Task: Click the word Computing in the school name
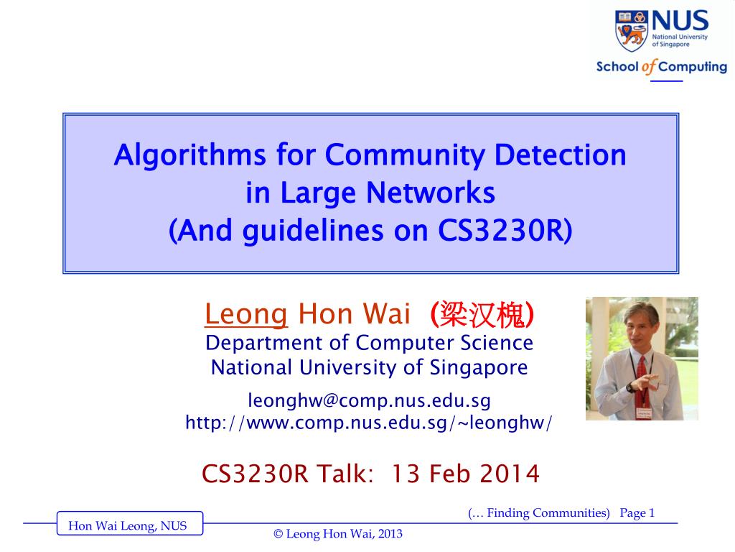click(x=693, y=67)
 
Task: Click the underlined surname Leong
click(x=246, y=314)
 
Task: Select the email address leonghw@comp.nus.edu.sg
click(x=369, y=400)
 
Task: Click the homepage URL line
click(x=369, y=423)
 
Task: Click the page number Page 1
click(x=637, y=512)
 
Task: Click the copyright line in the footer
click(x=338, y=534)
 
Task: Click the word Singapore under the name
click(x=479, y=367)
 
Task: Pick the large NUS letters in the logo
click(x=678, y=20)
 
